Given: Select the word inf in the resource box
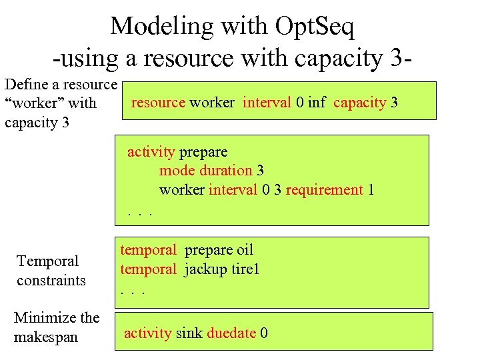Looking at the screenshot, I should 317,103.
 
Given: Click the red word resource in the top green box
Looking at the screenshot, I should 159,103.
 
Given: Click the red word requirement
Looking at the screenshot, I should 324,190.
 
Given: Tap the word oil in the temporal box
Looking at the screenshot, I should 245,250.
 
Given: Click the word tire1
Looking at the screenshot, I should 243,269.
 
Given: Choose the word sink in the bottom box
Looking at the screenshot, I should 189,333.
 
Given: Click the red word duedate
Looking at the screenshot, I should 231,333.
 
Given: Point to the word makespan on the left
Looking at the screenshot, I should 46,337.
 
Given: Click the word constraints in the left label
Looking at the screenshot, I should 51,280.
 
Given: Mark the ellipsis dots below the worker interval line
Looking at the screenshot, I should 141,212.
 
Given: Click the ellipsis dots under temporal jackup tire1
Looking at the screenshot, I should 133,291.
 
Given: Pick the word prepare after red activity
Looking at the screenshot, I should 204,152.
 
